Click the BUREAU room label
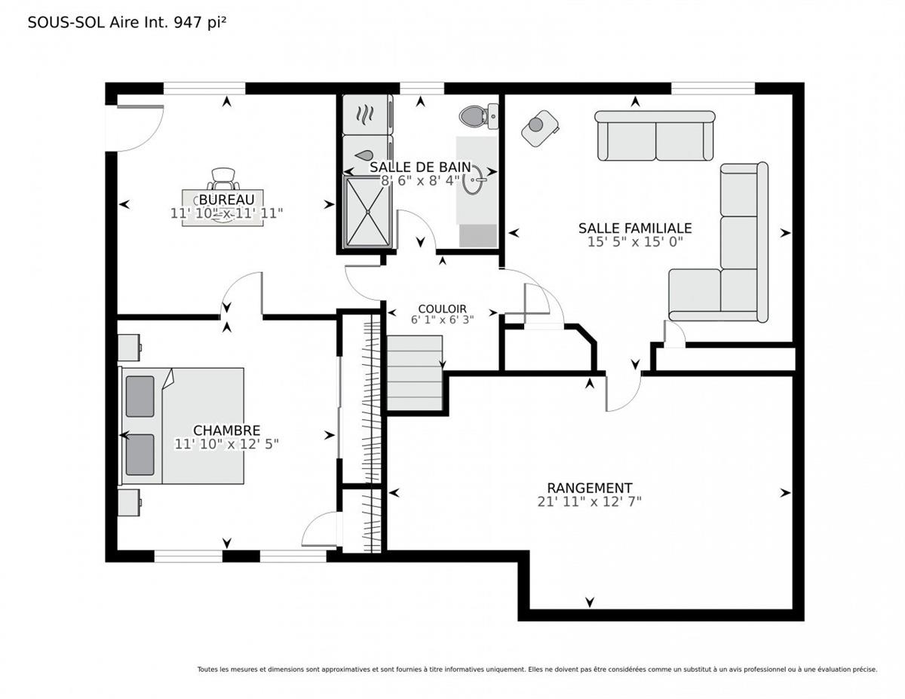pyautogui.click(x=226, y=199)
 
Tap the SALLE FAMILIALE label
pyautogui.click(x=635, y=228)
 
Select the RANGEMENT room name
pyautogui.click(x=589, y=488)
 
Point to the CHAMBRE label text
pyautogui.click(x=226, y=430)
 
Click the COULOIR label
pyautogui.click(x=442, y=309)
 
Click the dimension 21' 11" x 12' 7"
pyautogui.click(x=589, y=502)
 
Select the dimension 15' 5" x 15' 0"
pyautogui.click(x=635, y=242)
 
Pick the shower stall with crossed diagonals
pyautogui.click(x=368, y=212)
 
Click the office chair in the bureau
pyautogui.click(x=223, y=179)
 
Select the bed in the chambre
pyautogui.click(x=182, y=425)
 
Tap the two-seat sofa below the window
pyautogui.click(x=655, y=136)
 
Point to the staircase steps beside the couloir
pyautogui.click(x=414, y=373)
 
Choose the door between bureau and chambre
pyautogui.click(x=241, y=293)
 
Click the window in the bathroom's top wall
pyautogui.click(x=422, y=89)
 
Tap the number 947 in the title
pyautogui.click(x=189, y=23)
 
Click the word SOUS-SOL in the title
pyautogui.click(x=66, y=23)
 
